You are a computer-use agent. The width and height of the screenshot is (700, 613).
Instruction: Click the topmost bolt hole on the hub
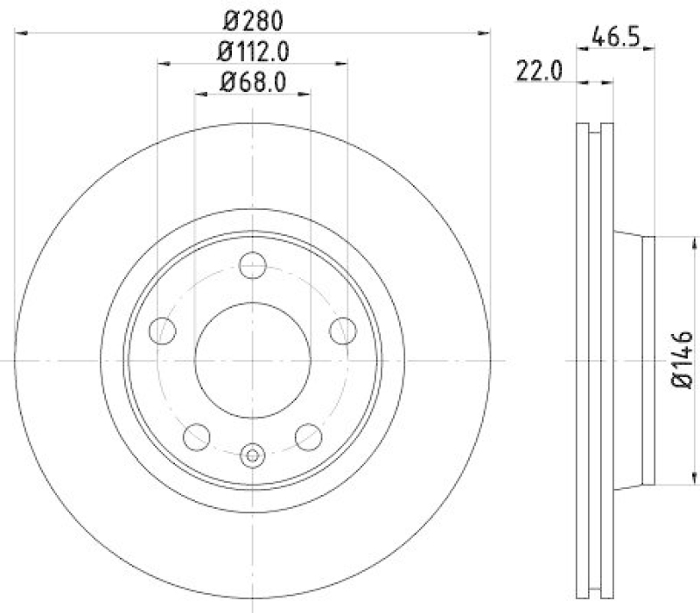tap(252, 263)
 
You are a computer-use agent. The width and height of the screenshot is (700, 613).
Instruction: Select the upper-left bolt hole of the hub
tap(163, 330)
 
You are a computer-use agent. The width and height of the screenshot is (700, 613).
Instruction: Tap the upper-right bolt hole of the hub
tap(342, 330)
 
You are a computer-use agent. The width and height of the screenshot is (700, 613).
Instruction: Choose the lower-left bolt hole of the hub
tap(198, 435)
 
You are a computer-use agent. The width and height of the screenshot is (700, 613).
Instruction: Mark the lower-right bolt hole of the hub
tap(307, 435)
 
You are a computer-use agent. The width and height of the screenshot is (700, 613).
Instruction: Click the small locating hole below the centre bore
tap(252, 455)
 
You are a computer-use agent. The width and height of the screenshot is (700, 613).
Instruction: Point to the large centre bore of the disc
tap(252, 360)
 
